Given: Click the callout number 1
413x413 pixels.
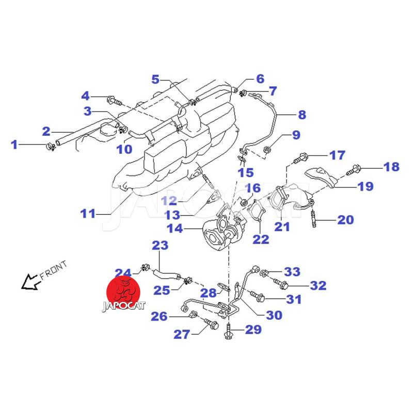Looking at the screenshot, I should (14, 145).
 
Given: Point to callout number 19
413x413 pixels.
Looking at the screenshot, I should (365, 186).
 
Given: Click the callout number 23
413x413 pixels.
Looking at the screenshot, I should (160, 245).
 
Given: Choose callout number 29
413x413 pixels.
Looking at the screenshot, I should (253, 329).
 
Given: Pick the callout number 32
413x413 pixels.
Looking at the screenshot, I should (318, 285).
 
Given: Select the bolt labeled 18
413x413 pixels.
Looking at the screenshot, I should (355, 168).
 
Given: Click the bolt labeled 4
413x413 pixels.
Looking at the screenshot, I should (113, 100).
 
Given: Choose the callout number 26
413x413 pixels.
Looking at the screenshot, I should (160, 315).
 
